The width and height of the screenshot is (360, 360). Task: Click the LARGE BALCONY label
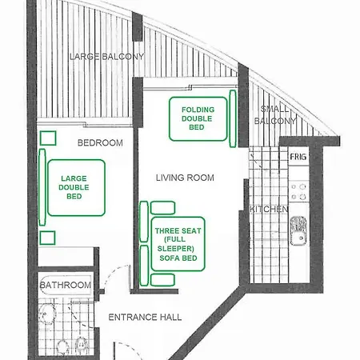coord(106,57)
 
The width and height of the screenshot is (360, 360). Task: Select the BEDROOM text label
coord(99,142)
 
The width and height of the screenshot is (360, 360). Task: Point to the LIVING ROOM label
coord(185,178)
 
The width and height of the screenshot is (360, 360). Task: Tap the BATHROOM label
coord(66,285)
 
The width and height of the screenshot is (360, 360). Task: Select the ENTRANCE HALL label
coord(145,317)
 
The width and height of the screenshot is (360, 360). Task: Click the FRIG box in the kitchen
coord(298,157)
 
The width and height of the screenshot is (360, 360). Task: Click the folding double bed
coord(198,118)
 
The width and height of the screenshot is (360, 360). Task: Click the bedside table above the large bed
coord(47,137)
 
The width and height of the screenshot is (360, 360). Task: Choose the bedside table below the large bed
coord(47,237)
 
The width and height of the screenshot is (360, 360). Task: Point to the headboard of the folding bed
coord(233,118)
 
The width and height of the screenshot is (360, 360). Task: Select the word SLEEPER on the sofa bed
coord(179,249)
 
